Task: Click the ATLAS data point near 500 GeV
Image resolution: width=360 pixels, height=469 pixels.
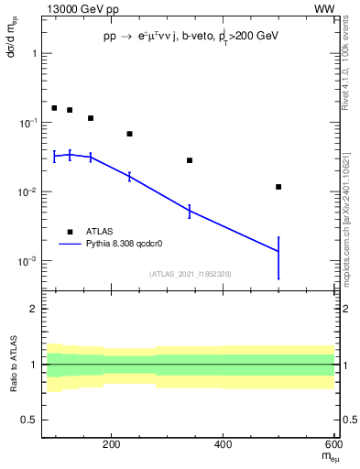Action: coord(278,187)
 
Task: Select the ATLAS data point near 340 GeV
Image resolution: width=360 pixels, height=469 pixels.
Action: coord(190,160)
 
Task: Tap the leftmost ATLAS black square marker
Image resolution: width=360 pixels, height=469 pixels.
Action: coord(54,108)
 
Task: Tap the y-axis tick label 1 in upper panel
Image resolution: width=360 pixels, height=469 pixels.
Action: coord(35,53)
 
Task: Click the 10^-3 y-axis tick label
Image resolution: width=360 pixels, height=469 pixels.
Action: coord(29,261)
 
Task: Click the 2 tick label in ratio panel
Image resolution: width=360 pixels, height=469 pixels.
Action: coord(35,309)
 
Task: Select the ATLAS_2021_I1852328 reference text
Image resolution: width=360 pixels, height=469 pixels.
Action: coord(189,274)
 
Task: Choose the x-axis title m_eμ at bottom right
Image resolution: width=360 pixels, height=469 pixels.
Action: coord(327,457)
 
